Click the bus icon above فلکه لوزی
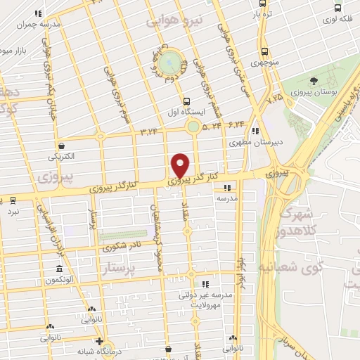(338, 8)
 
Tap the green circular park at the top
(169, 63)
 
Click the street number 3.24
(148, 130)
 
